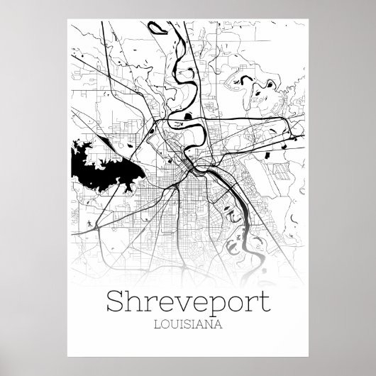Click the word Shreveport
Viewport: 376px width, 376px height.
[x=188, y=284]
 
